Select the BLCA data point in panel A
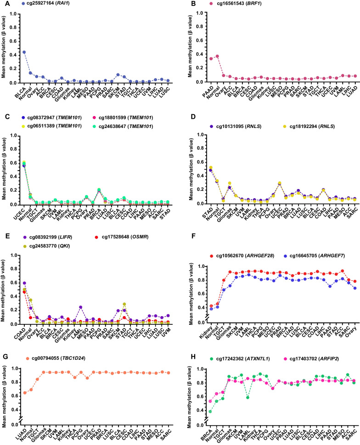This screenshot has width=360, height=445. point(24,52)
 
